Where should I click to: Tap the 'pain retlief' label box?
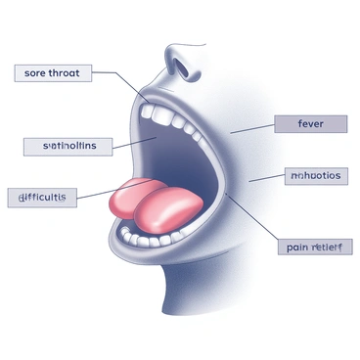[313, 247]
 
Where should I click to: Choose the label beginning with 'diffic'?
[41, 197]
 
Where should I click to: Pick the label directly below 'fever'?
[313, 176]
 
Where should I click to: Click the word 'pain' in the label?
[297, 247]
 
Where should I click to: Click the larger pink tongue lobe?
[168, 208]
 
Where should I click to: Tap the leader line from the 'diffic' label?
[98, 192]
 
